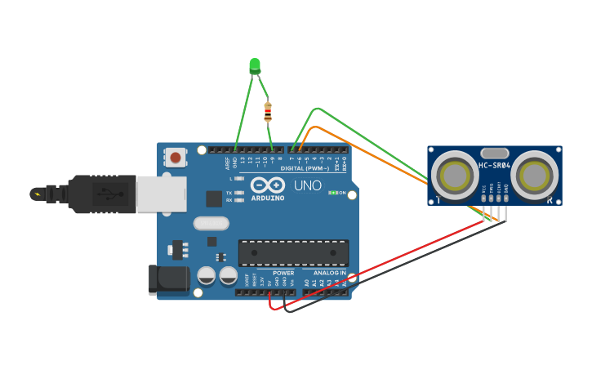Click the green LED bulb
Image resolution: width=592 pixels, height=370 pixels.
click(255, 65)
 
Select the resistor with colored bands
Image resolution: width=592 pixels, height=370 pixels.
click(268, 112)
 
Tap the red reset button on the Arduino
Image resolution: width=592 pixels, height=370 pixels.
click(176, 157)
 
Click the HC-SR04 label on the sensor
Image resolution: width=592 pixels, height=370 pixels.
click(495, 167)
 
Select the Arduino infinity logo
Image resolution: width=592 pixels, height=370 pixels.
click(268, 185)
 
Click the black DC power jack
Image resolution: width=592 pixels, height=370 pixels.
click(168, 279)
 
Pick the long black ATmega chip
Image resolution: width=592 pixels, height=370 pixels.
click(293, 253)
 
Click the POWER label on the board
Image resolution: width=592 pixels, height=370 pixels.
click(283, 273)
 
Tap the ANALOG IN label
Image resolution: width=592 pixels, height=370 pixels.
click(330, 273)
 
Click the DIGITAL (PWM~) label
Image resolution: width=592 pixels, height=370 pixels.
click(305, 168)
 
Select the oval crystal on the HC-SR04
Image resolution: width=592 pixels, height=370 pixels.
click(495, 153)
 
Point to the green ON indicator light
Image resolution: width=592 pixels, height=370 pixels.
click(332, 193)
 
